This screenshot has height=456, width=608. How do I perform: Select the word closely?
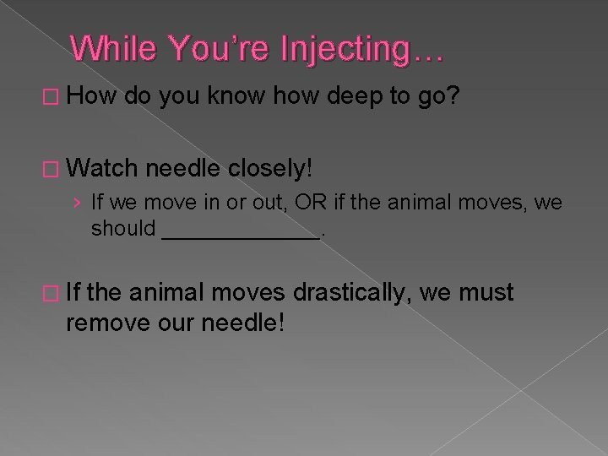click(x=269, y=169)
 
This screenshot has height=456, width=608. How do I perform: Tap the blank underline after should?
click(x=240, y=228)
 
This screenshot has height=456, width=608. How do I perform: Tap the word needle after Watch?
click(x=185, y=169)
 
